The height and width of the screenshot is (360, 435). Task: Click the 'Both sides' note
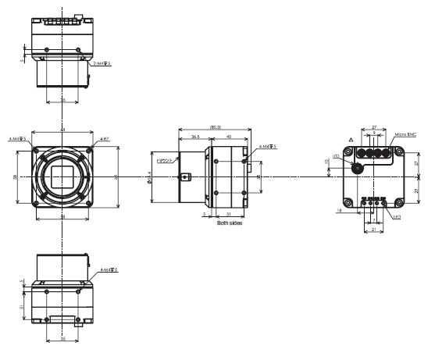point(230,223)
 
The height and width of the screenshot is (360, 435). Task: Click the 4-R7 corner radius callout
point(104,139)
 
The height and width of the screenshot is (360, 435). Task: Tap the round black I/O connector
point(358,168)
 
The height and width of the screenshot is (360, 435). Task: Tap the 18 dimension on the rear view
point(340,210)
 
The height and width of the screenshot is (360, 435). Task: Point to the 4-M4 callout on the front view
point(18,139)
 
